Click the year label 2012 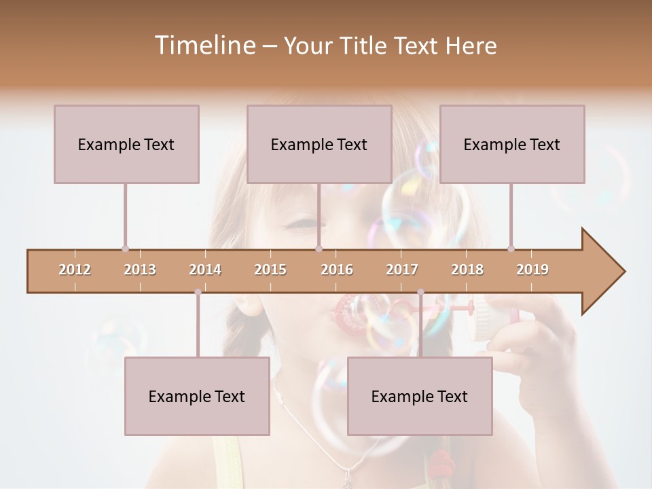[75, 270]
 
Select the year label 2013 [140, 270]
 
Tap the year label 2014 [205, 270]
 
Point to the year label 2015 [270, 270]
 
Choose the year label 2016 [337, 270]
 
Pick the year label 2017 [402, 270]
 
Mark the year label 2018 [467, 270]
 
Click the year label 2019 [532, 270]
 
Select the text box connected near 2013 [126, 144]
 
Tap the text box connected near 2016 [319, 144]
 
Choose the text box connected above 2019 [512, 144]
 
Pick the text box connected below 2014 [197, 396]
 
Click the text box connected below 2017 [420, 396]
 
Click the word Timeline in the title [204, 46]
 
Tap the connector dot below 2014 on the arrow [198, 292]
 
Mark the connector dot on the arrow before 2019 [511, 249]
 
